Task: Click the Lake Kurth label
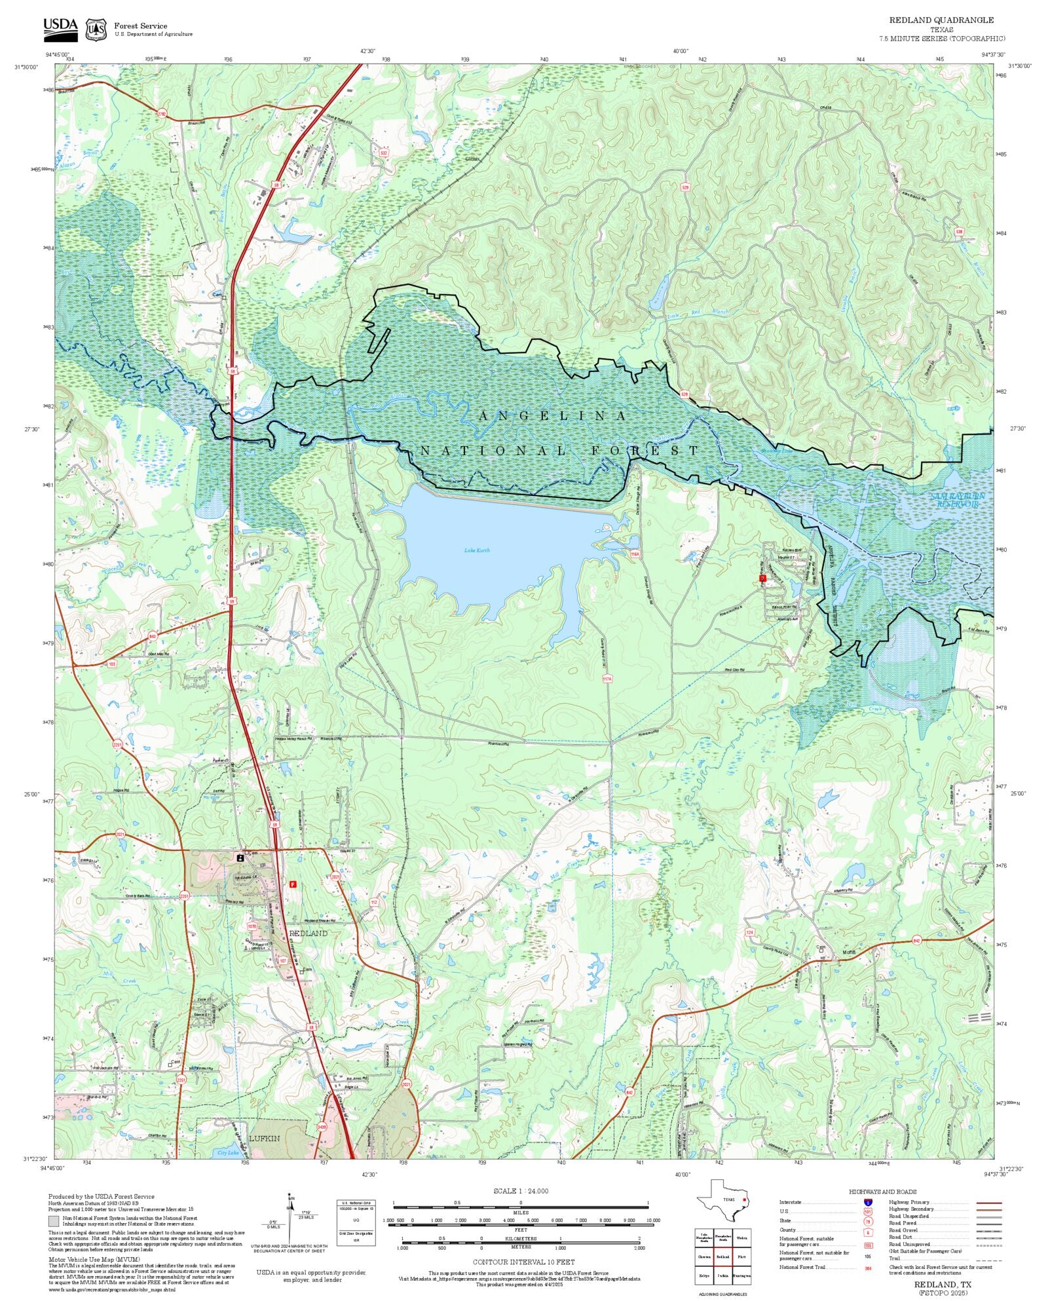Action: click(x=477, y=550)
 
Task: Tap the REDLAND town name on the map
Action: click(x=308, y=933)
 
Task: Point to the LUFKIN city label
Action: click(x=264, y=1138)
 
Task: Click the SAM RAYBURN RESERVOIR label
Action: click(x=957, y=500)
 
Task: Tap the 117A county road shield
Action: click(x=607, y=679)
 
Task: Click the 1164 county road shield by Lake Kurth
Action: click(x=634, y=554)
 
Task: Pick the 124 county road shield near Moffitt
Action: click(x=750, y=932)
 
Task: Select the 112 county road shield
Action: click(x=374, y=902)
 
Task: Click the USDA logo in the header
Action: click(x=60, y=28)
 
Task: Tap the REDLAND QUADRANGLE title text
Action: click(x=941, y=20)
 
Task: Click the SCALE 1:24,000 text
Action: click(x=521, y=1191)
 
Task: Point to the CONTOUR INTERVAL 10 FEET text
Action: click(x=523, y=1262)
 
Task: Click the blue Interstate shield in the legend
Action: click(x=868, y=1203)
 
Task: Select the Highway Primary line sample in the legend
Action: click(x=988, y=1203)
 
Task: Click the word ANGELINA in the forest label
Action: click(x=552, y=416)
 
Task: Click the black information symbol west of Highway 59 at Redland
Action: click(x=240, y=857)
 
